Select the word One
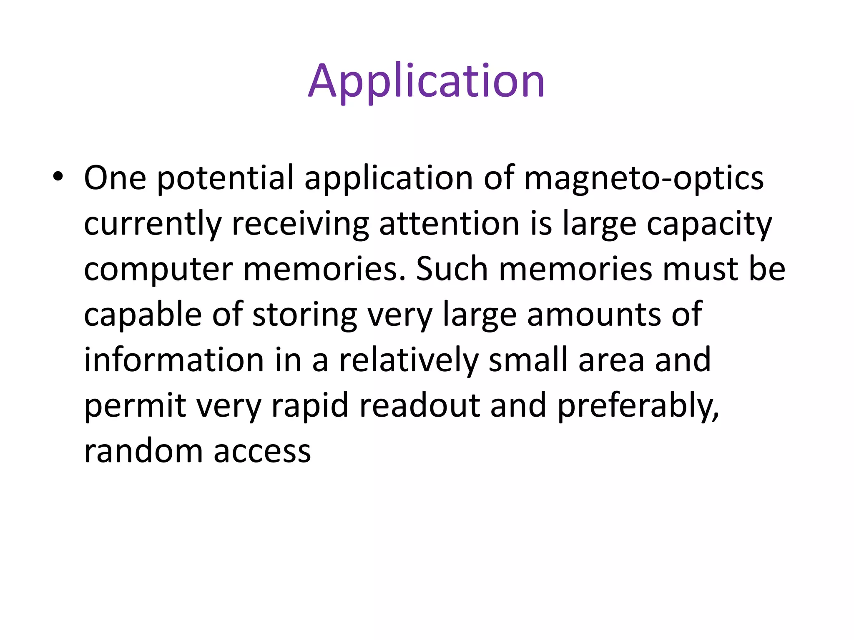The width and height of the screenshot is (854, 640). coord(115,178)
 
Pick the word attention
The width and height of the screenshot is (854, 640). coord(449,224)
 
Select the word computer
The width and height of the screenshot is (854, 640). coord(158,270)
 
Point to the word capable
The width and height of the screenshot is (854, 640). coord(143,315)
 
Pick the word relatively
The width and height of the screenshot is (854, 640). coord(408,360)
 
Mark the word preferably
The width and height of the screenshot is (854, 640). coord(638,406)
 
